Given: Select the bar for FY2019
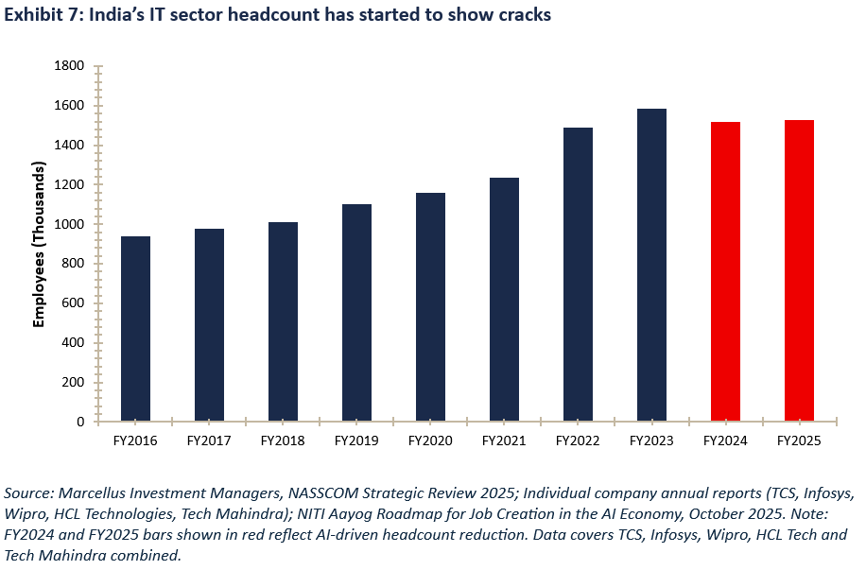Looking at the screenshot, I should [x=356, y=313].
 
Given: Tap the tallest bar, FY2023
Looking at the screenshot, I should [x=651, y=265].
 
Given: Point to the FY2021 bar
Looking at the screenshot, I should [x=504, y=300].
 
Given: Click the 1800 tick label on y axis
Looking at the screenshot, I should [x=71, y=66].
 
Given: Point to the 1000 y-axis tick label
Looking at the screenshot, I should [x=71, y=224].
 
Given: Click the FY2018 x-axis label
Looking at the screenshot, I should [x=283, y=440].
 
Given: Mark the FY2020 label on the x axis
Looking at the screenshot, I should [x=430, y=440].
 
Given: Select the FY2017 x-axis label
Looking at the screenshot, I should [x=209, y=440].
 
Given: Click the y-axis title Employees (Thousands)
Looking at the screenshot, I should [x=39, y=244].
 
